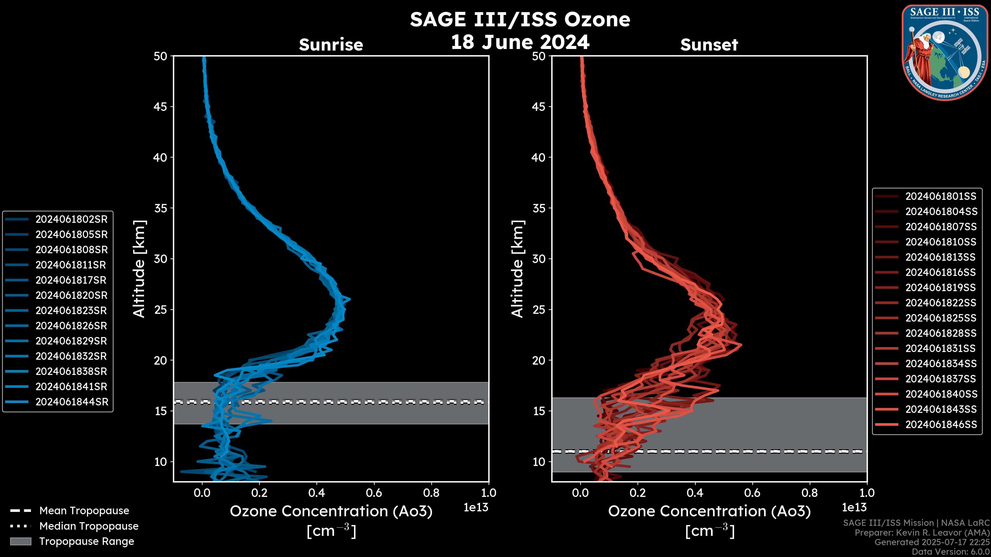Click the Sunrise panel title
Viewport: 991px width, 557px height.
331,45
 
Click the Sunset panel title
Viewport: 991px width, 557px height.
709,45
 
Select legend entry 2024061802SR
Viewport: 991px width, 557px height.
71,219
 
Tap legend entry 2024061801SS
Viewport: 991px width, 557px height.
941,196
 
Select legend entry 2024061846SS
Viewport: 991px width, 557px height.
941,424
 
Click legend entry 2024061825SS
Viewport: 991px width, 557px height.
941,318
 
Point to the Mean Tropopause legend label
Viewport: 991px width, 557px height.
84,511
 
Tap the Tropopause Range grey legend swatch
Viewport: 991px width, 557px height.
20,541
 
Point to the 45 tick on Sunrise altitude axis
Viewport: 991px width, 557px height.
161,107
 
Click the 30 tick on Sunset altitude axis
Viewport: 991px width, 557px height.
539,259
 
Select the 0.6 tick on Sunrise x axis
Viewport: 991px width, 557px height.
374,493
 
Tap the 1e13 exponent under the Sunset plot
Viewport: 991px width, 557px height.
854,507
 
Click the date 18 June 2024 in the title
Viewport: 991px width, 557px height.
520,42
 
